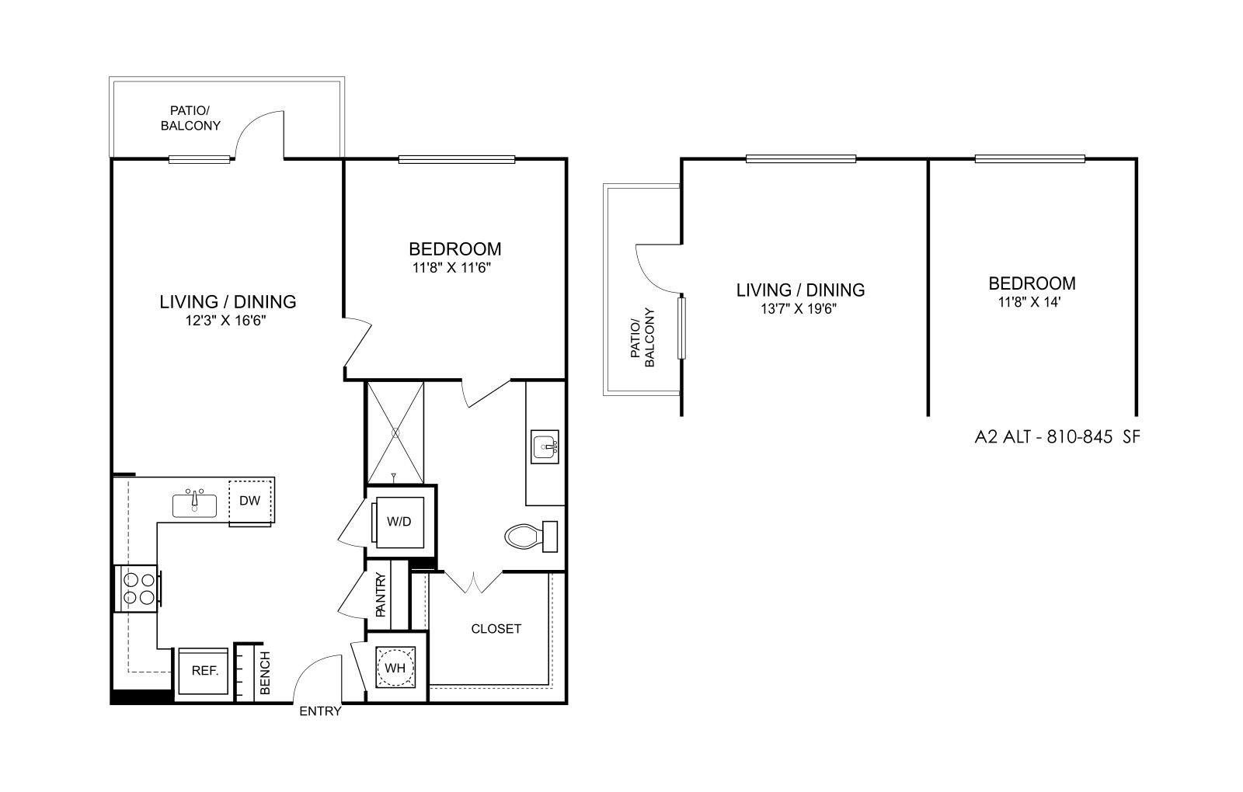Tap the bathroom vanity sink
coord(545,446)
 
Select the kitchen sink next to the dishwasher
coord(194,504)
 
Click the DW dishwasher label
coord(249,501)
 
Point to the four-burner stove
coord(138,589)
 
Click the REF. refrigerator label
coord(205,671)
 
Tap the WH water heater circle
coord(395,668)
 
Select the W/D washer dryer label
coord(399,522)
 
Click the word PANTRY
coord(381,595)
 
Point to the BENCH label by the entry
coord(265,672)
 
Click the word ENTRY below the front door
coord(320,711)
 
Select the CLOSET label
coord(496,629)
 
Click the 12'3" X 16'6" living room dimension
coord(226,321)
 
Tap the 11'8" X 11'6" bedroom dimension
coord(451,268)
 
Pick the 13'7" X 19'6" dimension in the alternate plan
coord(799,309)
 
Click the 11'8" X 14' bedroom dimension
coord(1029,302)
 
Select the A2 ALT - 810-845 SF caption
coord(1057,437)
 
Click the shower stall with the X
coord(395,432)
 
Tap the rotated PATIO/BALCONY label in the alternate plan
coord(642,338)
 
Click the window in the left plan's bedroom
coord(457,160)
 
